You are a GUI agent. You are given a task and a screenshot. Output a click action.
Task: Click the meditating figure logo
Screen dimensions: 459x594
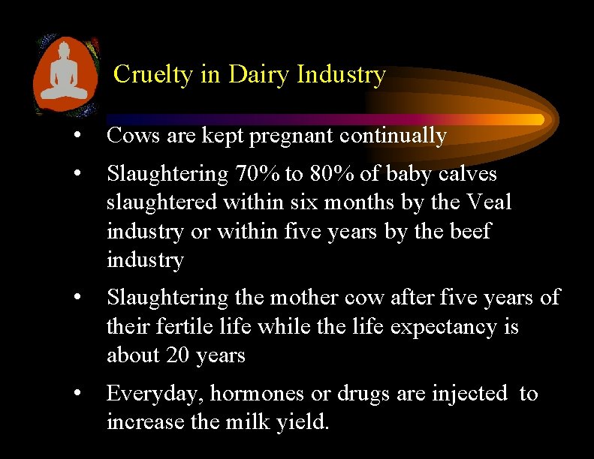[x=66, y=74]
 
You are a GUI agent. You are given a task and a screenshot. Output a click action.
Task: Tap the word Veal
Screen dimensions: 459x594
[x=489, y=202]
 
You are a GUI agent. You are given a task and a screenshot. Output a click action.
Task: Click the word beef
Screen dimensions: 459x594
[x=469, y=231]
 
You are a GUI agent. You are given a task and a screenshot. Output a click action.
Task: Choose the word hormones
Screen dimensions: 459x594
[x=250, y=394]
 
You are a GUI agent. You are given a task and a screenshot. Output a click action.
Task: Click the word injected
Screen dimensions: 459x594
[x=470, y=394]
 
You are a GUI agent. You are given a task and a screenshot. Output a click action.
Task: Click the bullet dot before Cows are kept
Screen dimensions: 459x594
[x=77, y=136]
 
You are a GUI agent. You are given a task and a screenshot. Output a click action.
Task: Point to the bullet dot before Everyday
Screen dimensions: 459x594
[x=77, y=394]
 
